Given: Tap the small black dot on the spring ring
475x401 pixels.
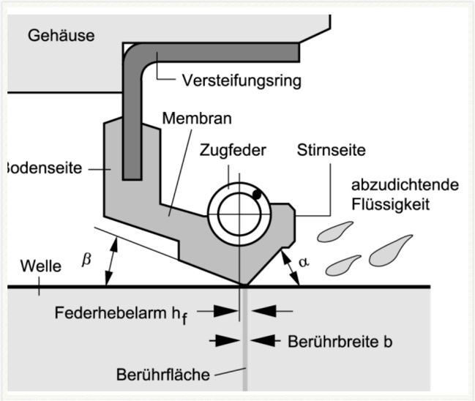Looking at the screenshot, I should (x=257, y=194).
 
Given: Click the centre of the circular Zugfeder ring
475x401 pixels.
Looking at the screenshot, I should (x=238, y=212).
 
